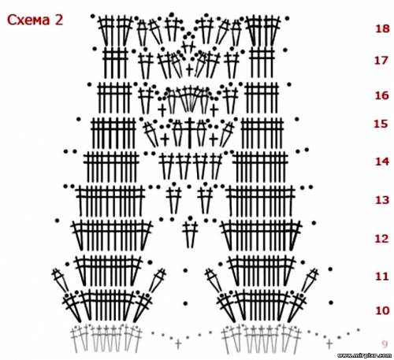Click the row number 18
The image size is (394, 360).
[x=382, y=28]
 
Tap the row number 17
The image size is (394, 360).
[x=381, y=61]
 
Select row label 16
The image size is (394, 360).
[x=381, y=95]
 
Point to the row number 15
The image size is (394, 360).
[x=381, y=124]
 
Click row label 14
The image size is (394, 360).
[x=382, y=161]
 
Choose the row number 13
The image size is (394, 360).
[x=382, y=200]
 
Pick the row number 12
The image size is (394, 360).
[x=381, y=239]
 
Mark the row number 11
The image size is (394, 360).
[x=382, y=276]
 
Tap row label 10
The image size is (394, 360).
[x=382, y=310]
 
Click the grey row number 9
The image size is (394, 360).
[x=385, y=343]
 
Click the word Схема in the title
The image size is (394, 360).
[x=28, y=20]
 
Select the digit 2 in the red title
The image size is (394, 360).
[x=59, y=20]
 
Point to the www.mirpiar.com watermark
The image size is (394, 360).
[x=364, y=355]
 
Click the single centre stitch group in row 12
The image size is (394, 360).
[x=190, y=232]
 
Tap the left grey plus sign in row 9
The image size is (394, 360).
[x=178, y=343]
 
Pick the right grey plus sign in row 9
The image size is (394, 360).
[x=329, y=343]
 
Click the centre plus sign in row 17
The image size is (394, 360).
[x=189, y=70]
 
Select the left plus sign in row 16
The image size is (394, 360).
[x=162, y=109]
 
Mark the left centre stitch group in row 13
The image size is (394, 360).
[x=173, y=199]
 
